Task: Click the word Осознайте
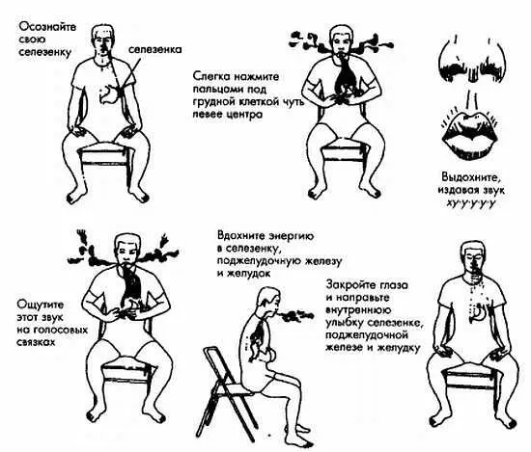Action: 47,27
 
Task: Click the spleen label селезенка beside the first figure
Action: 154,49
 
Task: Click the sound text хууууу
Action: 471,202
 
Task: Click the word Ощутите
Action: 40,305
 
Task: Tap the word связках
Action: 36,342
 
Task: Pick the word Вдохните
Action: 240,235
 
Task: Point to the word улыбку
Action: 345,323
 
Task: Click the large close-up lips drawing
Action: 469,134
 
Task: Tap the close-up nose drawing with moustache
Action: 472,60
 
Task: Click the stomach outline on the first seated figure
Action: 108,93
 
